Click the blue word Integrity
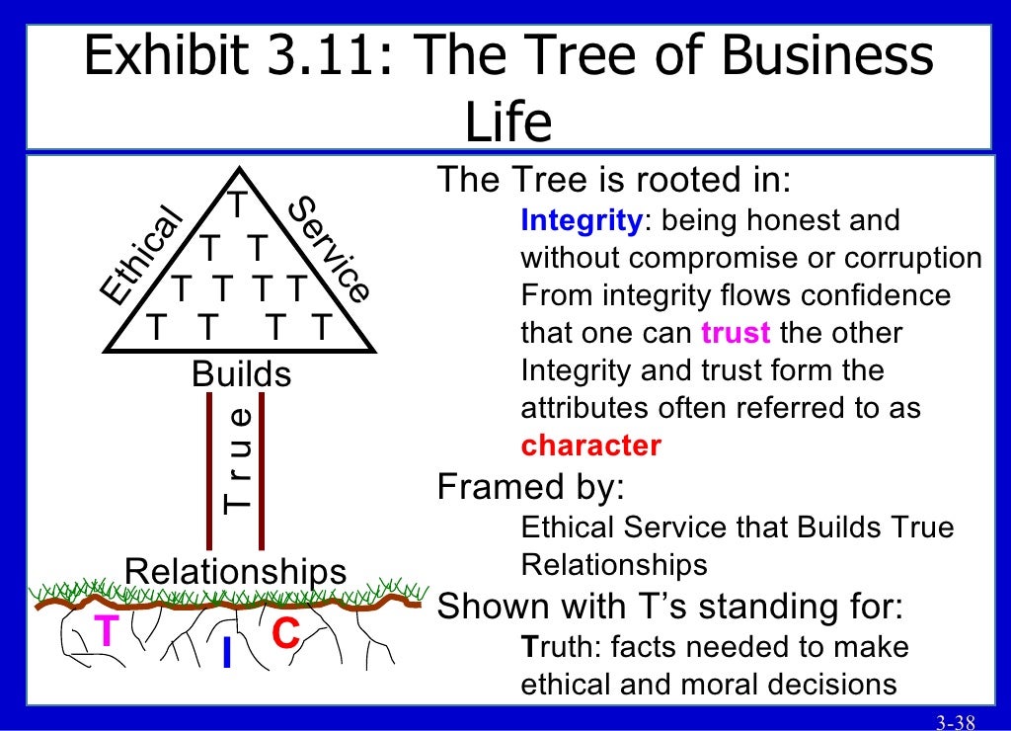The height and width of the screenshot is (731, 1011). point(582,220)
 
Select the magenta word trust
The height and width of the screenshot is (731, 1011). point(736,333)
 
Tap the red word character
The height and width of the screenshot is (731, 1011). point(590,446)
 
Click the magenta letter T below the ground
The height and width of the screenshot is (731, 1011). point(106,631)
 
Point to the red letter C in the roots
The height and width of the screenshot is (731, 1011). point(285,633)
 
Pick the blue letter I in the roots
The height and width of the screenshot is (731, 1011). point(227,652)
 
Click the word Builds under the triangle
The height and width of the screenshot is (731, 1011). point(242,374)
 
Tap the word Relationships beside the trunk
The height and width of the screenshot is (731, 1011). point(236,570)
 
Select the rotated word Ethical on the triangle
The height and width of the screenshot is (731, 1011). point(142,256)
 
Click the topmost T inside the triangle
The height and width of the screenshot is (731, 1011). point(239,205)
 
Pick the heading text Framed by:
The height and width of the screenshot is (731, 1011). point(532,487)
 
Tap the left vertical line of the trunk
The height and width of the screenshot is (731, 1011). point(209,470)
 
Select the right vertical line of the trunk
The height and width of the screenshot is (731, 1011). point(262,470)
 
